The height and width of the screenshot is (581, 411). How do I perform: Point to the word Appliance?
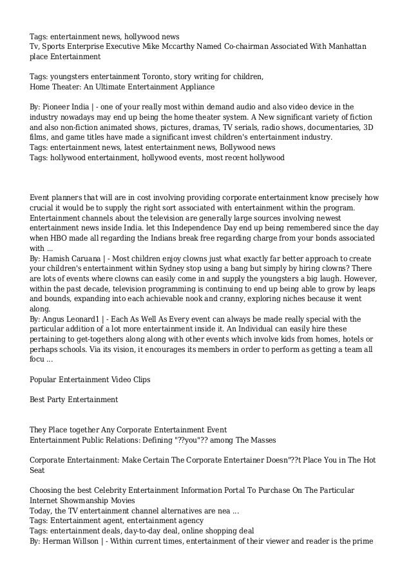pos(195,86)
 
